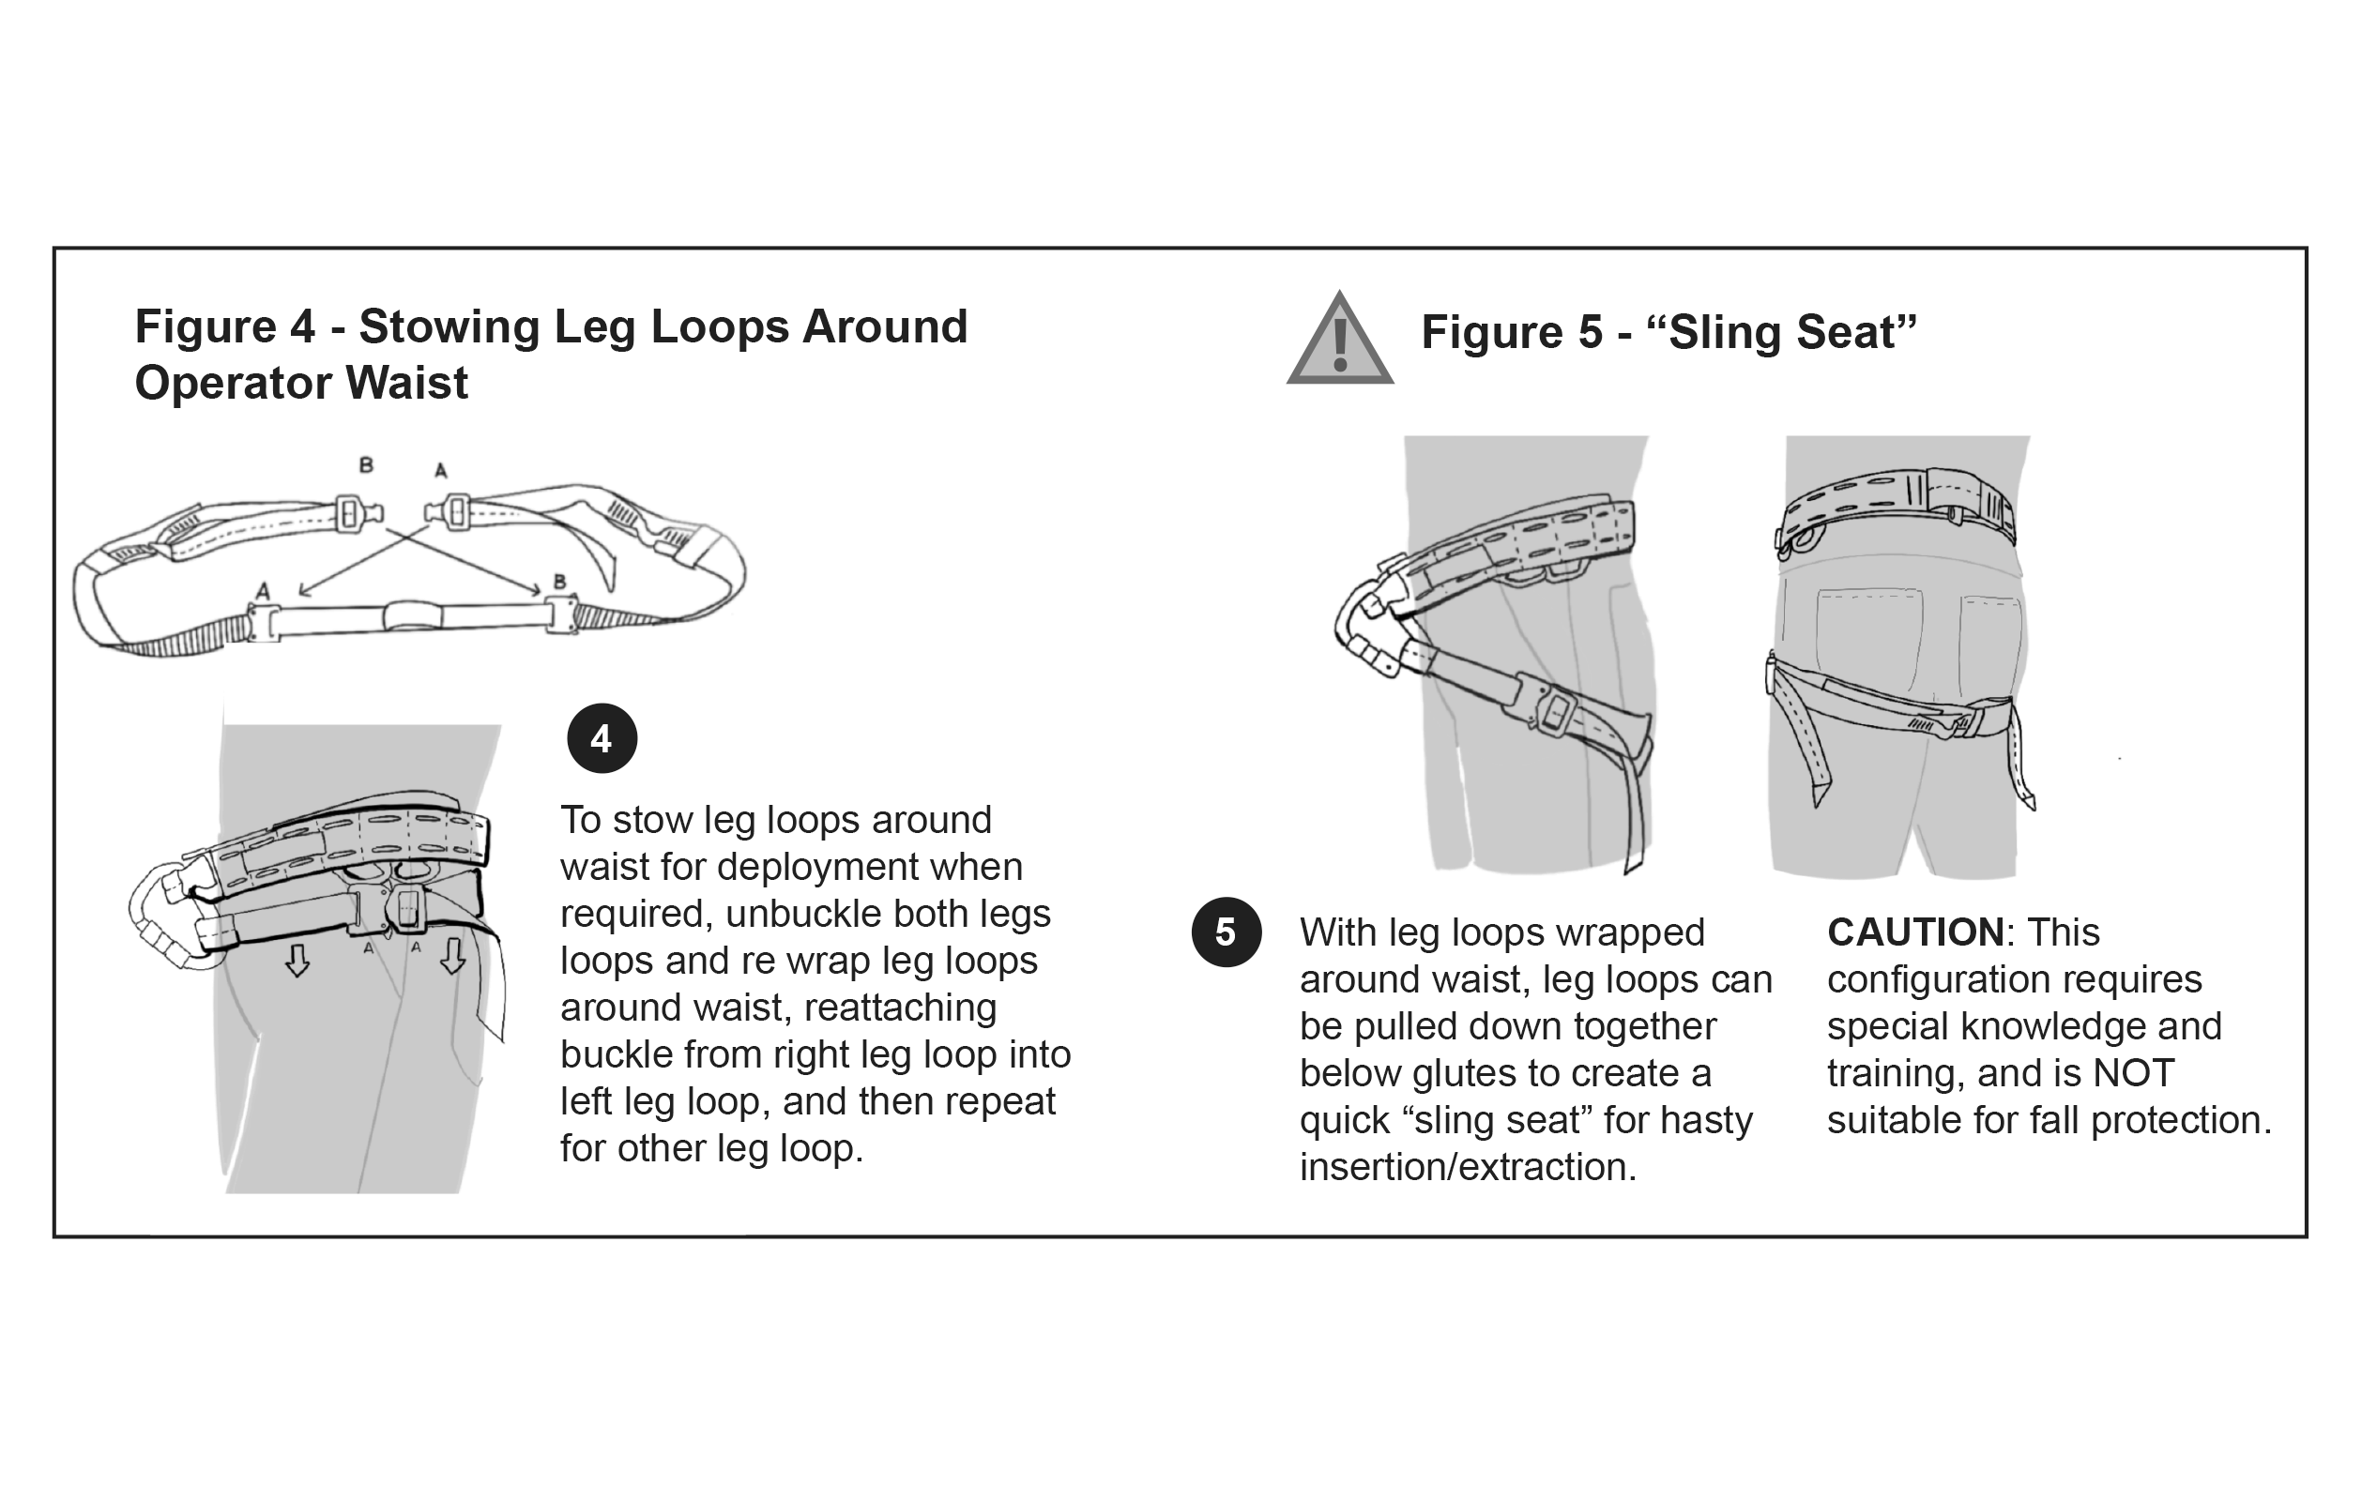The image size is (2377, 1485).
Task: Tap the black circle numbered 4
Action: coord(602,738)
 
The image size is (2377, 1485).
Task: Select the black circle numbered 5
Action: coord(1226,932)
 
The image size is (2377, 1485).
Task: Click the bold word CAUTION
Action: coord(1914,932)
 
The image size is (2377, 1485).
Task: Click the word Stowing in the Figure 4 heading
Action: coord(449,326)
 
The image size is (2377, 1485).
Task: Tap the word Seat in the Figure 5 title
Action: coord(1846,332)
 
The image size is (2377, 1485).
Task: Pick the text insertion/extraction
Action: coord(1468,1167)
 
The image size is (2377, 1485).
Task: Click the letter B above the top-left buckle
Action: coord(366,465)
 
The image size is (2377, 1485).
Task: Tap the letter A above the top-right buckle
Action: coord(441,470)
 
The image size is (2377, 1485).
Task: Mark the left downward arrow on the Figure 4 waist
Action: coord(297,960)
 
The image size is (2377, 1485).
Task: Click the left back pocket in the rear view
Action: coord(1868,639)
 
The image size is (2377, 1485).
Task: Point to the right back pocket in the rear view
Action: coord(1990,644)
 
